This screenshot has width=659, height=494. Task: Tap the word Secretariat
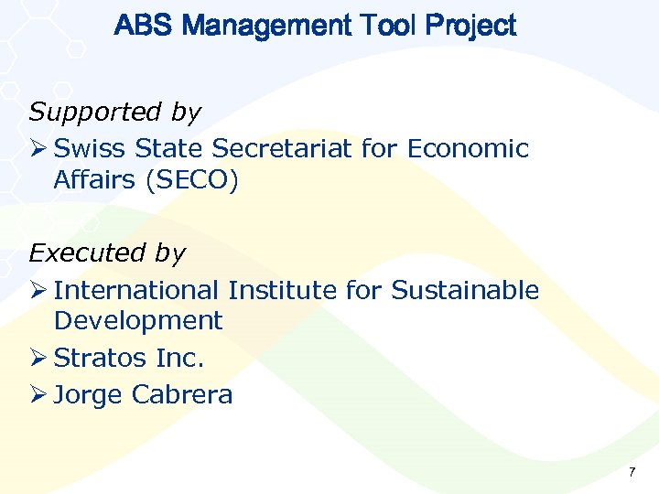click(281, 148)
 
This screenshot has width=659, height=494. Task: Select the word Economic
click(468, 148)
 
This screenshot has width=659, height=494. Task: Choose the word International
click(136, 291)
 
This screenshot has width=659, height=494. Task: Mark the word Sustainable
click(465, 291)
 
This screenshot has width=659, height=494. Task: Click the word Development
click(138, 321)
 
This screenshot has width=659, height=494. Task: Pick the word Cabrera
click(182, 395)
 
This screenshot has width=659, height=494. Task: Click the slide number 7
click(632, 472)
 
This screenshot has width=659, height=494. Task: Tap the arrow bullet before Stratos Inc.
click(38, 358)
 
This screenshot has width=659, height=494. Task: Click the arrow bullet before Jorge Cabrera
click(38, 394)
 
